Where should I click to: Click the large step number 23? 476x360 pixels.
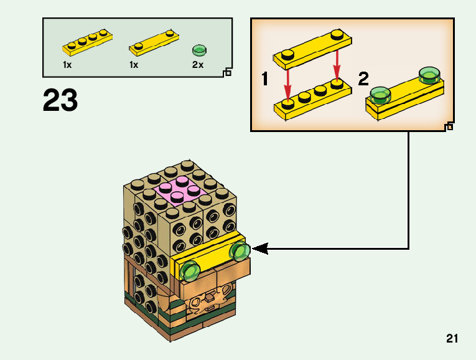(x=60, y=101)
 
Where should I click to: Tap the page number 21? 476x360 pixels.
(x=452, y=339)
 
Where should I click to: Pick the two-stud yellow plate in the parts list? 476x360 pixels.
(x=152, y=42)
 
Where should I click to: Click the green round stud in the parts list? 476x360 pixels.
(x=198, y=49)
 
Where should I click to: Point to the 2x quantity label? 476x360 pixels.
(x=198, y=65)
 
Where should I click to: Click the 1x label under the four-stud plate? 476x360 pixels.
(x=67, y=65)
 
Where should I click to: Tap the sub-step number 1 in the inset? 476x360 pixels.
(x=266, y=79)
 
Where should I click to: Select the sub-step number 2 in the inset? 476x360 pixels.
(x=363, y=79)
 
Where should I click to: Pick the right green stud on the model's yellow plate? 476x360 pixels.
(x=239, y=251)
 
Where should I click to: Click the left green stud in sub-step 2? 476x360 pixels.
(x=379, y=95)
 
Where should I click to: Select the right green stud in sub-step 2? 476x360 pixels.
(x=429, y=75)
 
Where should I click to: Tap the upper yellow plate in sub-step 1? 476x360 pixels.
(x=311, y=45)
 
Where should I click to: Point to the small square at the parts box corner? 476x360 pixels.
(x=227, y=73)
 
